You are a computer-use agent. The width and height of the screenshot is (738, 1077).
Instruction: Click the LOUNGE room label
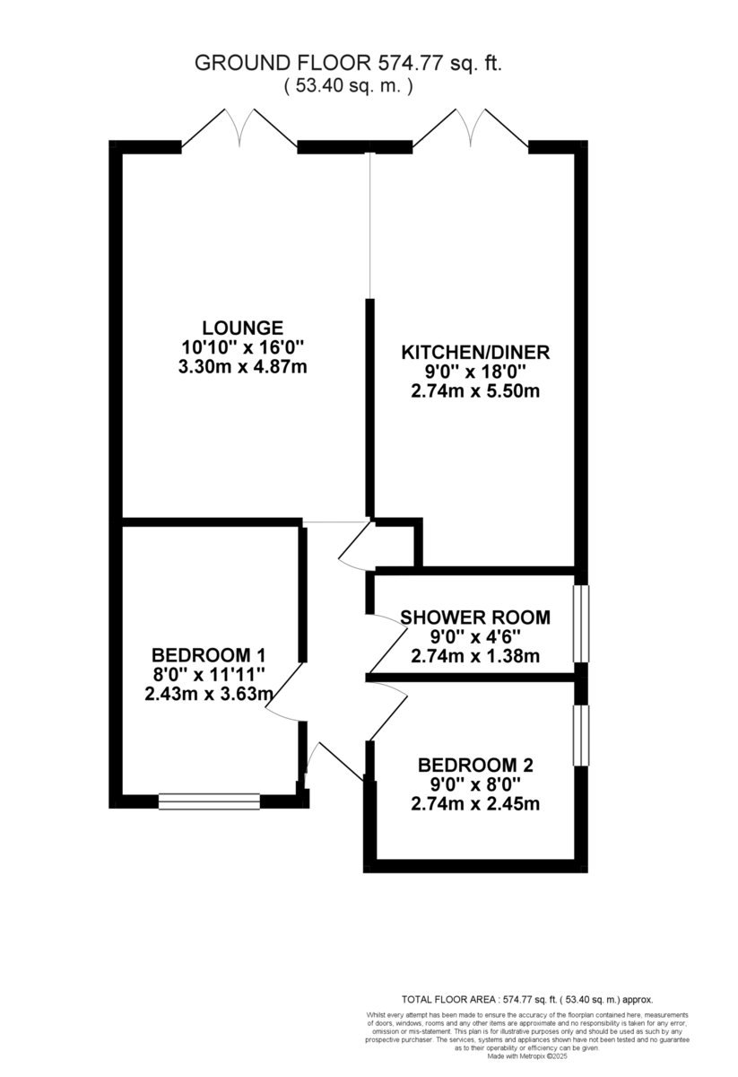pyautogui.click(x=242, y=328)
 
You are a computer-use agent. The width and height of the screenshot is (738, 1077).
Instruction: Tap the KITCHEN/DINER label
pyautogui.click(x=474, y=351)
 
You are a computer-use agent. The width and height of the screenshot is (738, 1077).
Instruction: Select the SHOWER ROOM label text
pyautogui.click(x=474, y=617)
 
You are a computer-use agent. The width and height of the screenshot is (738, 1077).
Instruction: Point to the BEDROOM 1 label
pyautogui.click(x=208, y=654)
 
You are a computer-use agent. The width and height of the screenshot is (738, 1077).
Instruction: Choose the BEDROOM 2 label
pyautogui.click(x=475, y=766)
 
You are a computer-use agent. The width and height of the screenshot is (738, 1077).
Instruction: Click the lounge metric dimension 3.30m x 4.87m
pyautogui.click(x=242, y=367)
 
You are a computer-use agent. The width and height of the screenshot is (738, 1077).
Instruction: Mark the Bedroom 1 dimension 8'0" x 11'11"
pyautogui.click(x=208, y=674)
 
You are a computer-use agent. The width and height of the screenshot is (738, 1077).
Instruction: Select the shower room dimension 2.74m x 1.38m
pyautogui.click(x=474, y=656)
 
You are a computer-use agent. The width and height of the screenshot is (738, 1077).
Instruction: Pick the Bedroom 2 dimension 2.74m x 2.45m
pyautogui.click(x=475, y=804)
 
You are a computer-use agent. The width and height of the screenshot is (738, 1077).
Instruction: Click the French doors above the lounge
pyautogui.click(x=239, y=128)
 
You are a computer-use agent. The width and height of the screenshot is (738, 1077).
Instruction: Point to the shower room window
pyautogui.click(x=581, y=624)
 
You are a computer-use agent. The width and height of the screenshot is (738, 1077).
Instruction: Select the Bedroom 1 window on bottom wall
pyautogui.click(x=209, y=801)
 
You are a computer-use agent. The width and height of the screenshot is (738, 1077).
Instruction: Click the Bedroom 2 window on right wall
pyautogui.click(x=581, y=736)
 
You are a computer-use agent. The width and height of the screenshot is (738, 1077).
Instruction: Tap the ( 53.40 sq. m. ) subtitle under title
pyautogui.click(x=349, y=86)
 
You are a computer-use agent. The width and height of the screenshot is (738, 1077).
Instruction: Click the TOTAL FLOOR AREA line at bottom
pyautogui.click(x=526, y=999)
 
